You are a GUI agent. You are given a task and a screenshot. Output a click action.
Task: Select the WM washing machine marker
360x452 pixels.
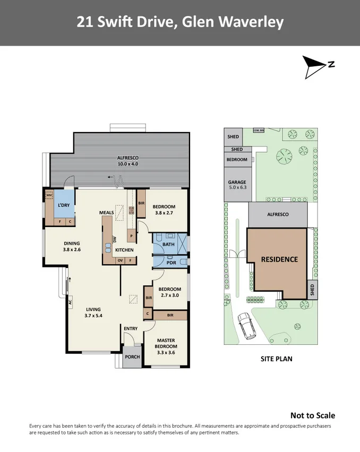(x=49, y=194)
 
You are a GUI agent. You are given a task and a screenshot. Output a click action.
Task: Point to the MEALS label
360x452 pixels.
(x=107, y=213)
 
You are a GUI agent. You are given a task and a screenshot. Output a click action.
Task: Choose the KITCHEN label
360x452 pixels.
(x=124, y=250)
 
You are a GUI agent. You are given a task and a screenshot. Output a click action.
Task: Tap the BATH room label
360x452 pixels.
(x=168, y=244)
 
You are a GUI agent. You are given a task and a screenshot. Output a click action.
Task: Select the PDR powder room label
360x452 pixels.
(x=171, y=263)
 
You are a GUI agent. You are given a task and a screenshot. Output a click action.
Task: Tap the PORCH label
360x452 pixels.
(x=132, y=357)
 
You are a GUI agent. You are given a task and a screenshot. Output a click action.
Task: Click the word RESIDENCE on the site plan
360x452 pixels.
(x=279, y=259)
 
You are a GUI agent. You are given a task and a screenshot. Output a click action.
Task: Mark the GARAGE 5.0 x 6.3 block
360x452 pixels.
(x=237, y=184)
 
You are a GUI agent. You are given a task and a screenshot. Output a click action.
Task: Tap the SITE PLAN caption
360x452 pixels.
(x=276, y=359)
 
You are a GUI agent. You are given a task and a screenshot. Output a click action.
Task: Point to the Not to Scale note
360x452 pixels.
(x=312, y=415)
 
